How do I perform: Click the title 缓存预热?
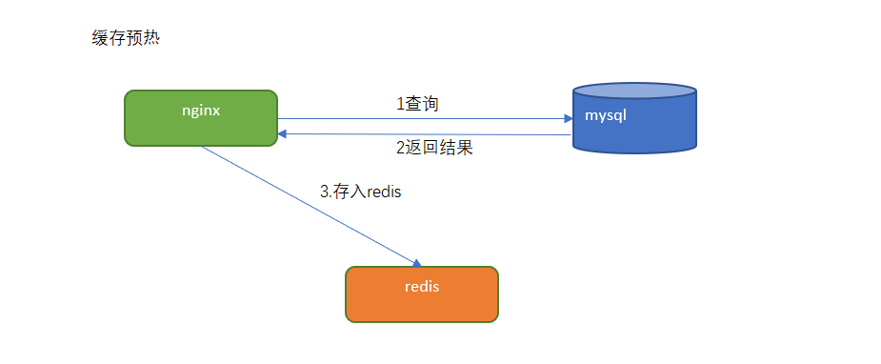coord(126,39)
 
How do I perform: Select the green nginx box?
coord(201,118)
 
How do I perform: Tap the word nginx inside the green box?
coord(201,111)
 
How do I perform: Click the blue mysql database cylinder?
coord(634,118)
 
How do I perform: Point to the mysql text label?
coord(606,116)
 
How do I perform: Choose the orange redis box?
coord(422,294)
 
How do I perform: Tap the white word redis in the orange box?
coord(422,287)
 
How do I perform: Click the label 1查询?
coord(417,104)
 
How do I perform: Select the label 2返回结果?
coord(435,148)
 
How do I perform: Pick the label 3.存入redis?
coord(361,192)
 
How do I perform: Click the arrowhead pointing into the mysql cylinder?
coord(568,119)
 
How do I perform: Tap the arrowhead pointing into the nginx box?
coord(283,133)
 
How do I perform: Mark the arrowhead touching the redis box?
coord(417,263)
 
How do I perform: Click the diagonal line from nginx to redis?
coord(311,207)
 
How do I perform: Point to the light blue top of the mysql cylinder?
coord(634,91)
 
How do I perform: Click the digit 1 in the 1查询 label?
coord(400,105)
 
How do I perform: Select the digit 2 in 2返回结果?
coord(400,149)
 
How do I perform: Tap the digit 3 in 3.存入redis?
coord(324,192)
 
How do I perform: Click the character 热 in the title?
coord(151,39)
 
